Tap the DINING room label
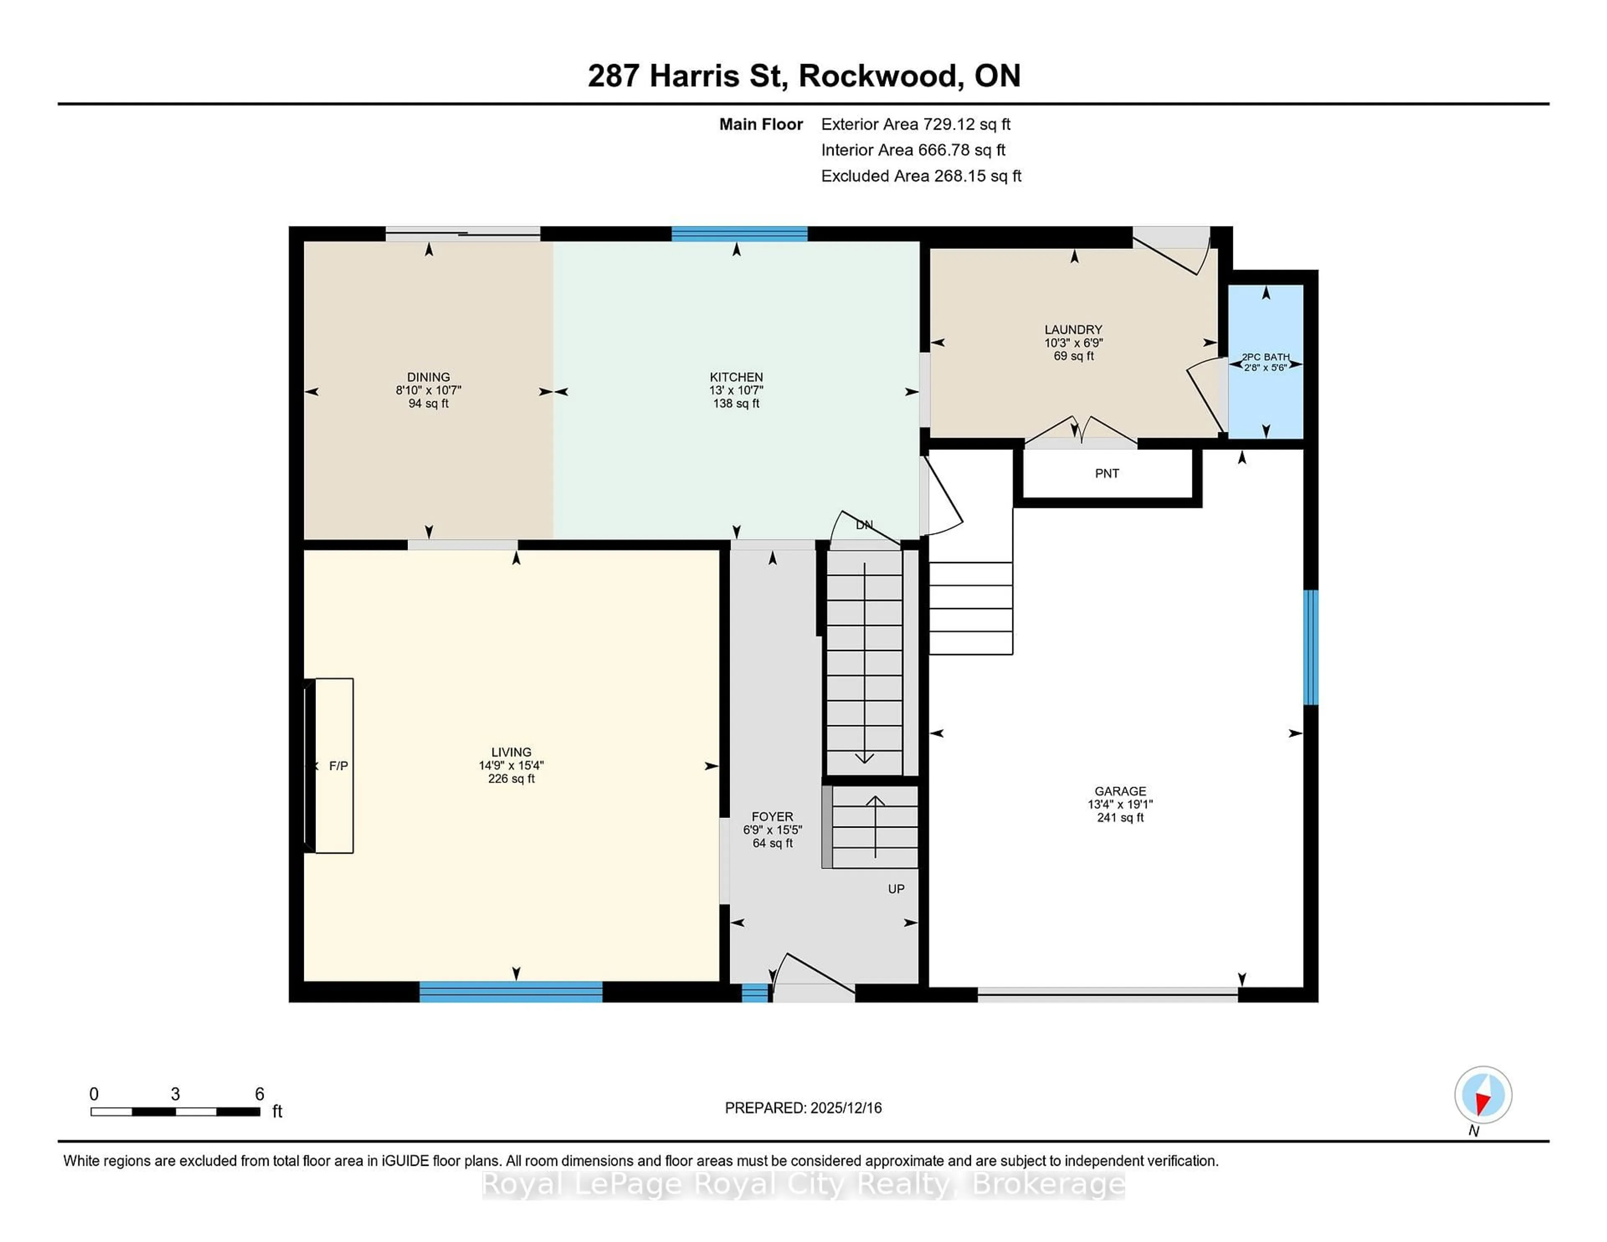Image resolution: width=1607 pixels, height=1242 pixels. (428, 377)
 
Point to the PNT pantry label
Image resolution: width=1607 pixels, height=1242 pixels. (1106, 474)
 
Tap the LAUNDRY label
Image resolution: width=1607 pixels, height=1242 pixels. (1073, 330)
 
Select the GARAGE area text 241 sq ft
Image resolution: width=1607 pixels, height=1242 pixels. (1120, 817)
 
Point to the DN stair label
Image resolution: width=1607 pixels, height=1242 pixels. (864, 525)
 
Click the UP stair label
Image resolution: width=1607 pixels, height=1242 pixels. (896, 889)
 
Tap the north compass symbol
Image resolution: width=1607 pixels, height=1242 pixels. (1483, 1095)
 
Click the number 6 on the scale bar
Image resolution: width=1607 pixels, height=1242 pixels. (259, 1094)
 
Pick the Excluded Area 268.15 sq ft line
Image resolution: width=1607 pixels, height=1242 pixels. (921, 176)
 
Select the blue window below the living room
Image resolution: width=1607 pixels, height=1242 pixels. (511, 992)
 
